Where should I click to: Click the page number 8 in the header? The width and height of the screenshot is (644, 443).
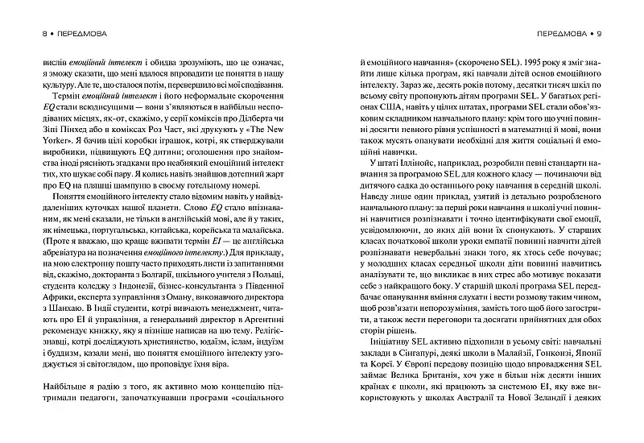(33, 35)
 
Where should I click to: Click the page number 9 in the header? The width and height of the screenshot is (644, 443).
(609, 35)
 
